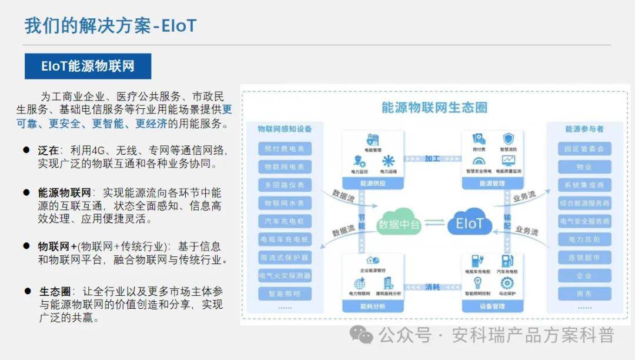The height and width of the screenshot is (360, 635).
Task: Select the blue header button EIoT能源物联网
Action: [88, 66]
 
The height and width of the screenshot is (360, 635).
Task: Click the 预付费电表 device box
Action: [285, 149]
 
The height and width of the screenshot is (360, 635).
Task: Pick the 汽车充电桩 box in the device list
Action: [285, 221]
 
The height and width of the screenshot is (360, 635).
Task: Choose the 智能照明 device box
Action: [285, 294]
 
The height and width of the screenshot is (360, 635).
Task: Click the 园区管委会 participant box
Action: [584, 149]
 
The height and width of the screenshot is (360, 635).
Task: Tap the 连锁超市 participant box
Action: [584, 258]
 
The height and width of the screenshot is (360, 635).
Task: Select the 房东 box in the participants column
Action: [584, 294]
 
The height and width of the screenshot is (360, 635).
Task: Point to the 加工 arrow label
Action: [432, 158]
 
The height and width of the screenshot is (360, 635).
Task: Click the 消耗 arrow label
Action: [432, 287]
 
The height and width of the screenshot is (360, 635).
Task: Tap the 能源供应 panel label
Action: [373, 184]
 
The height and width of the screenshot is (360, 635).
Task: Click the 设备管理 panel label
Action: [492, 306]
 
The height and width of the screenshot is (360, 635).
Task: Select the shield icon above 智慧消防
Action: [508, 139]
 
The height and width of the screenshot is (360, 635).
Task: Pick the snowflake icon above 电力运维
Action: [388, 161]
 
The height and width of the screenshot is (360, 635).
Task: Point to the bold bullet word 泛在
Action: [49, 151]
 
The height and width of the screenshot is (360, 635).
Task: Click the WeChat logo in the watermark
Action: [361, 335]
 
